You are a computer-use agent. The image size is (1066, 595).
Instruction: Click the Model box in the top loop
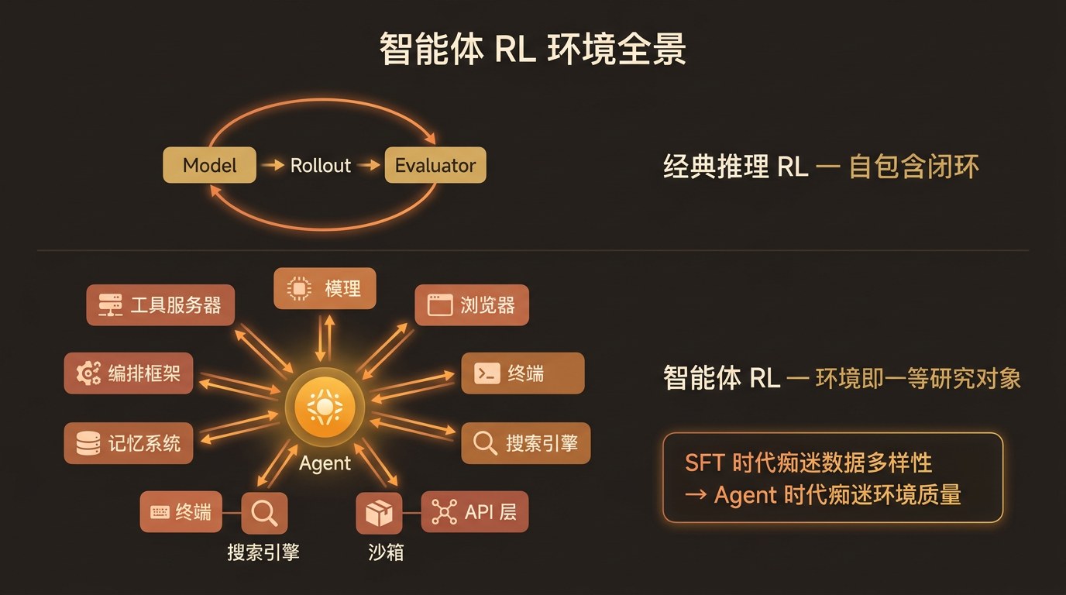tap(209, 165)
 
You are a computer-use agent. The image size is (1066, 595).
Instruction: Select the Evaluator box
tap(435, 165)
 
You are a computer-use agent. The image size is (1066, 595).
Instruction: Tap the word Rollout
tap(321, 165)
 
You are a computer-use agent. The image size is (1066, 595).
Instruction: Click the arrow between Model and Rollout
tap(273, 165)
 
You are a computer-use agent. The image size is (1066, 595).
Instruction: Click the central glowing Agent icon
tap(325, 407)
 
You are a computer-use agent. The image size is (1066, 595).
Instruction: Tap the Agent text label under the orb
tap(325, 463)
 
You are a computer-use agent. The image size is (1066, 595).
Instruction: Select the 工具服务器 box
tap(160, 304)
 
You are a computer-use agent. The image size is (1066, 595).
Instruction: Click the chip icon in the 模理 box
tap(297, 289)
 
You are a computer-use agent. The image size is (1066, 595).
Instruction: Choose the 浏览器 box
tap(472, 304)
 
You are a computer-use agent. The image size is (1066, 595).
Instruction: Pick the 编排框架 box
tap(129, 373)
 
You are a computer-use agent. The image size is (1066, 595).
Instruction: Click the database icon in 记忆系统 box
tap(88, 443)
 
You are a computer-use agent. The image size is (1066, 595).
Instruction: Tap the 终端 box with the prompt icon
tap(523, 373)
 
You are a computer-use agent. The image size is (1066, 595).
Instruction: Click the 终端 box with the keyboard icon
tap(181, 512)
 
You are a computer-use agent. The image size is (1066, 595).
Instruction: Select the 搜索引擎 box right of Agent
tap(526, 443)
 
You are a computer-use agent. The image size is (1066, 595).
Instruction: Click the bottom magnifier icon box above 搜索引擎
tap(265, 512)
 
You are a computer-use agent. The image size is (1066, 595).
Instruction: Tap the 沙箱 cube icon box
tap(379, 512)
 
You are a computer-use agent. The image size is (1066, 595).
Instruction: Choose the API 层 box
tap(475, 512)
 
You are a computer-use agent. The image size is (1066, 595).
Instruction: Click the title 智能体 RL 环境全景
tap(532, 50)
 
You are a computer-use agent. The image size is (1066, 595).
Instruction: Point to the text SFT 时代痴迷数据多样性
tap(808, 463)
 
